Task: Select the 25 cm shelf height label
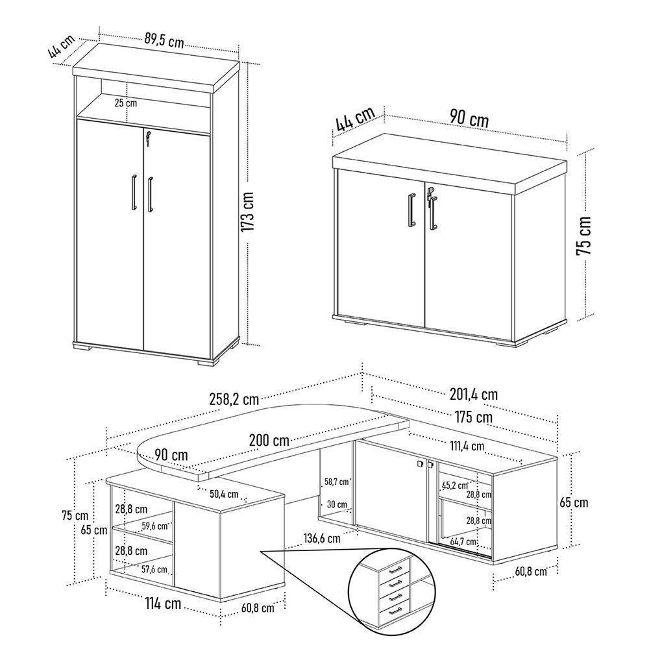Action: pos(126,103)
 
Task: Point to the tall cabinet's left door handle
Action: pos(133,192)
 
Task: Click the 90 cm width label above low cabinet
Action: pos(469,119)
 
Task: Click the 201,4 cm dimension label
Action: pos(473,393)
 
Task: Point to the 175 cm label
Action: pos(473,417)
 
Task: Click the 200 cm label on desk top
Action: pos(269,441)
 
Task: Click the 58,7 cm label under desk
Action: pos(336,482)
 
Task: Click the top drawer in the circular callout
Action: pos(395,569)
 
